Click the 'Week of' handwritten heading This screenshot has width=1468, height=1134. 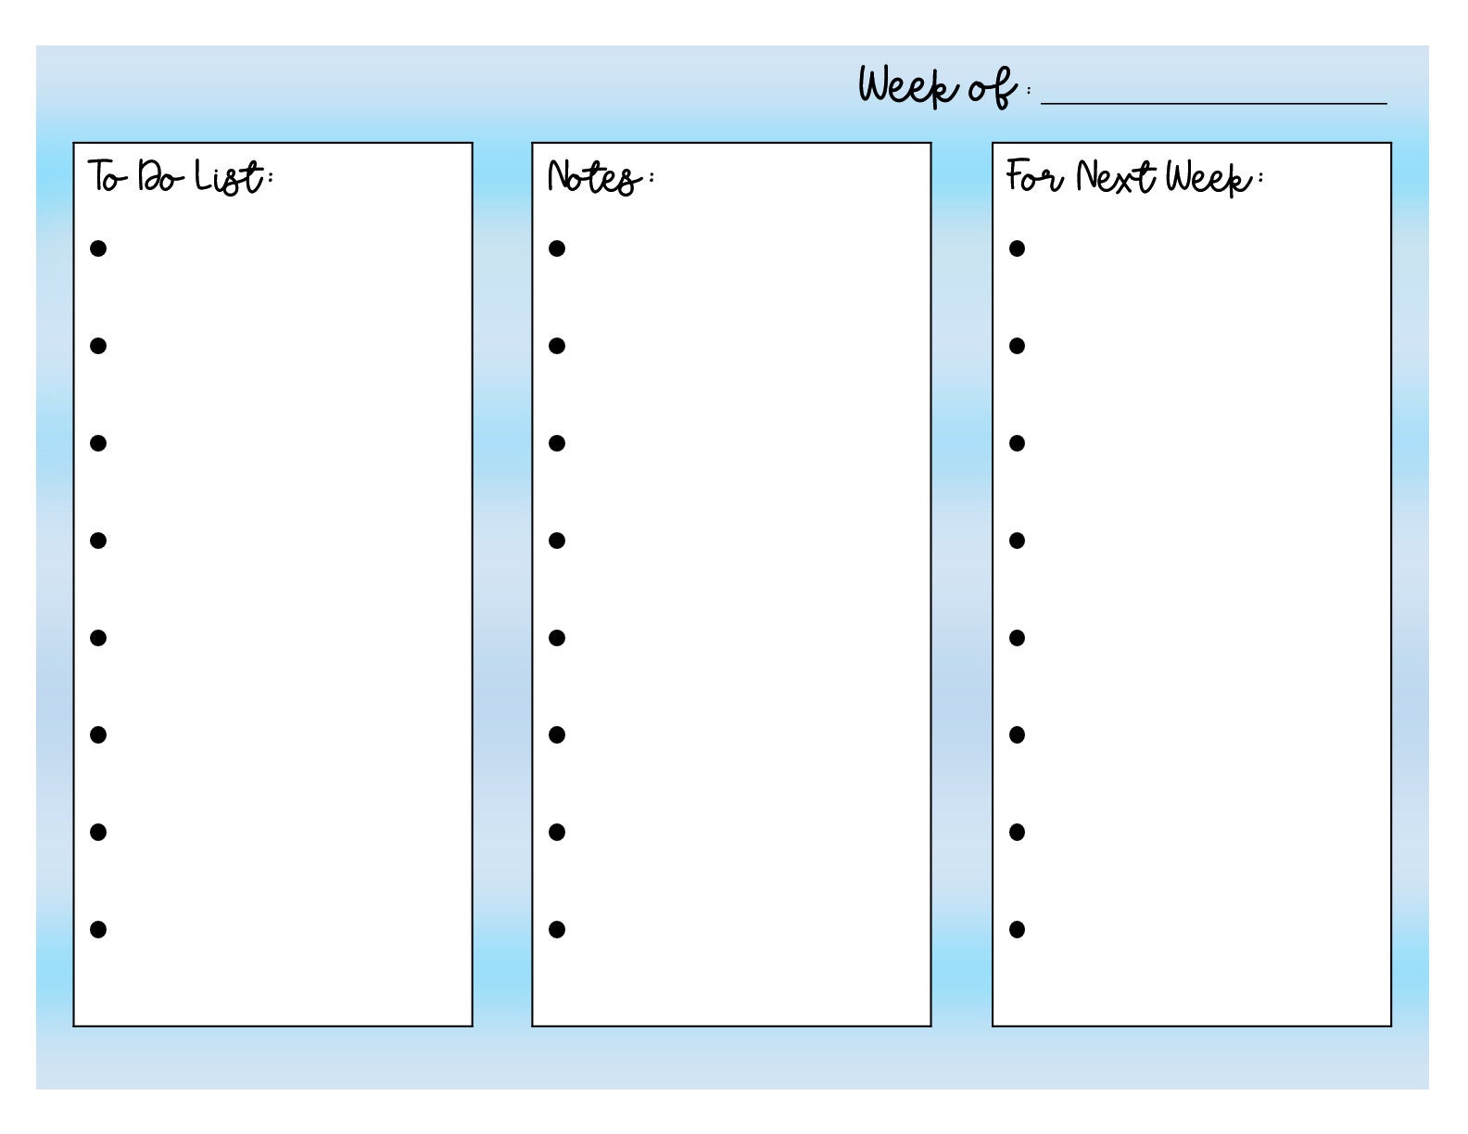(x=938, y=87)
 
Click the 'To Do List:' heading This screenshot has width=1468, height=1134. (x=180, y=176)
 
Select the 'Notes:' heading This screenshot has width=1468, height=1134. (x=598, y=176)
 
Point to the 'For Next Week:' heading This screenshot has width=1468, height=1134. (x=1133, y=176)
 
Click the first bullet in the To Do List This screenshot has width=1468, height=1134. (x=98, y=248)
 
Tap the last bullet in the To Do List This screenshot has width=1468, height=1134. (x=98, y=929)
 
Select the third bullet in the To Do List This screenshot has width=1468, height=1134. (x=98, y=443)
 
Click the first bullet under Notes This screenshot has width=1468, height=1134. (x=557, y=248)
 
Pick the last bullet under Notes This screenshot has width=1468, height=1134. (x=557, y=929)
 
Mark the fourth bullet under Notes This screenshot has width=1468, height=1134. (x=557, y=541)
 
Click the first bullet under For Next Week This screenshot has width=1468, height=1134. (x=1017, y=248)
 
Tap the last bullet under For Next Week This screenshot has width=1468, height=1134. (x=1017, y=929)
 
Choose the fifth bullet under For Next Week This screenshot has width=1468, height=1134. (x=1017, y=638)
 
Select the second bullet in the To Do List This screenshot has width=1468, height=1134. (x=98, y=346)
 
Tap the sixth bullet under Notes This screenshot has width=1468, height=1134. (x=557, y=735)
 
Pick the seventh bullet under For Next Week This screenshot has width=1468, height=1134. (x=1017, y=832)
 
